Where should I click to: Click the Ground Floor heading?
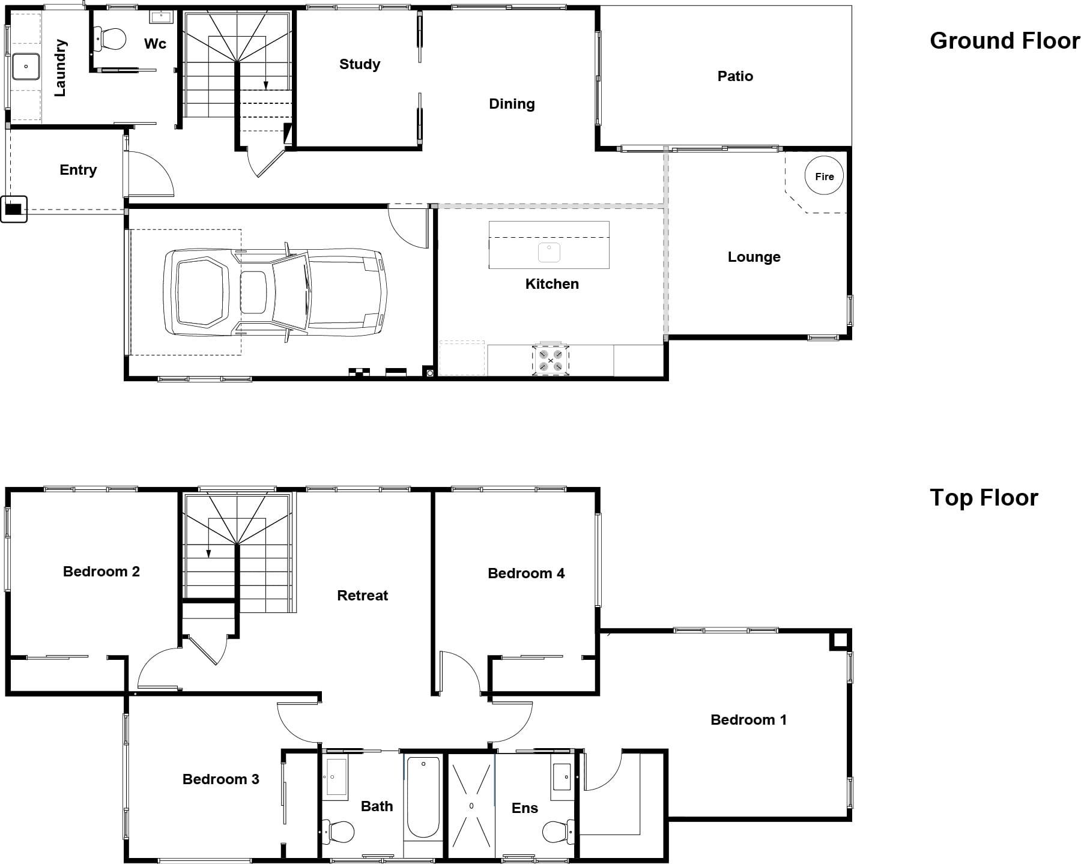coord(1004,41)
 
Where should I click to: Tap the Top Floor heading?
coord(984,498)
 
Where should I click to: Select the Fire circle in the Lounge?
coord(824,176)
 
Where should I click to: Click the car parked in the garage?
coord(276,292)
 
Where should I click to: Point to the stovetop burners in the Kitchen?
coord(551,360)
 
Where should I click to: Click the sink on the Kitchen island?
coord(549,253)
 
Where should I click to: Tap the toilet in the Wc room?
coord(110,40)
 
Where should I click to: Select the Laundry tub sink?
coord(26,67)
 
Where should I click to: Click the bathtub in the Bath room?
coord(423,797)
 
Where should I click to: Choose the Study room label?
coord(360,64)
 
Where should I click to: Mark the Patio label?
coord(735,76)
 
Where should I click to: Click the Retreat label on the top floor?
coord(363,596)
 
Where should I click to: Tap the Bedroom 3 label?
coord(221,779)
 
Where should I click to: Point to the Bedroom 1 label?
coord(748,720)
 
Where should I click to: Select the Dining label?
coord(512,104)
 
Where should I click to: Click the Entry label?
coord(78,171)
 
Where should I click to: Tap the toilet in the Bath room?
coord(338,832)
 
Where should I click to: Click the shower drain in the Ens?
coord(471,806)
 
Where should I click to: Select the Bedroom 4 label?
coord(526,573)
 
